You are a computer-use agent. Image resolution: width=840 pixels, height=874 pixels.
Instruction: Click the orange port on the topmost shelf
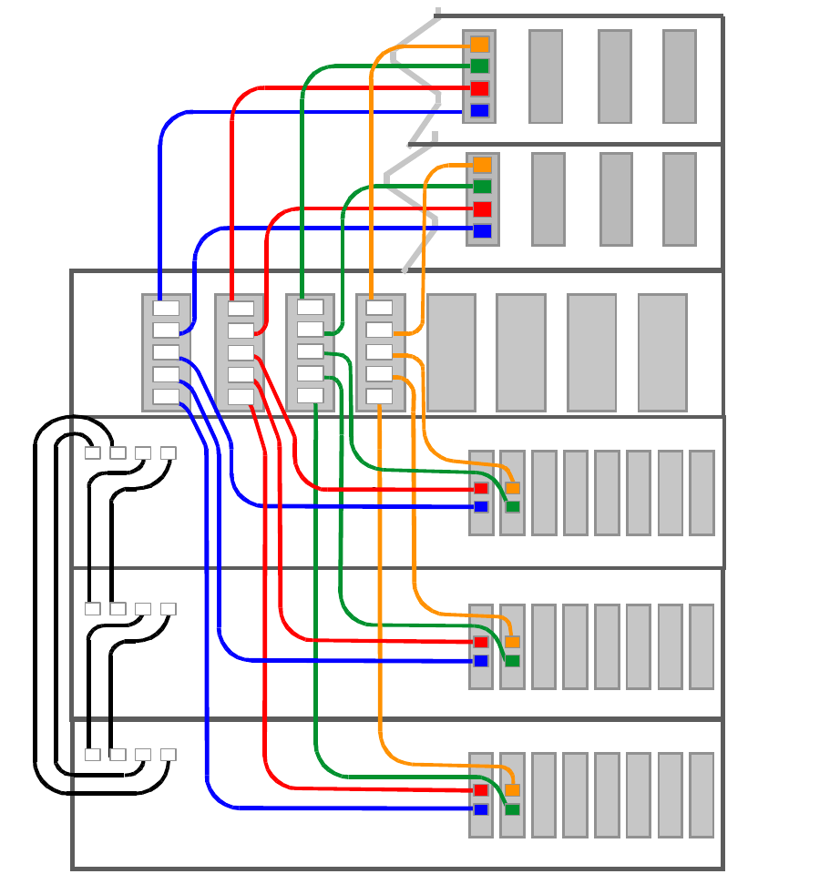pos(479,45)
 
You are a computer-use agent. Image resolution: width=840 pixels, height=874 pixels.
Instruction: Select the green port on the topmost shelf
pos(479,66)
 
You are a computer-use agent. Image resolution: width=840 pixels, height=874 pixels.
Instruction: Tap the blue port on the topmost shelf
pos(479,111)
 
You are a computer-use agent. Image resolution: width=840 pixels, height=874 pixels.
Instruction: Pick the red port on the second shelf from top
pos(482,209)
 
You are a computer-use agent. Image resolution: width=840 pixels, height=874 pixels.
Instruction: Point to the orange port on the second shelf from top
pos(482,165)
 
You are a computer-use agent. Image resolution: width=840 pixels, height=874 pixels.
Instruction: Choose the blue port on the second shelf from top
pos(482,231)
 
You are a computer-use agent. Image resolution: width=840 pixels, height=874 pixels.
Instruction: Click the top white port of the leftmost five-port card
pos(166,308)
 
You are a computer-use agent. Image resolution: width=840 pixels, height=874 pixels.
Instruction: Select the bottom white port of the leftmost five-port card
pos(166,396)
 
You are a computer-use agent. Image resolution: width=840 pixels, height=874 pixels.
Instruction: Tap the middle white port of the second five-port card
pos(241,352)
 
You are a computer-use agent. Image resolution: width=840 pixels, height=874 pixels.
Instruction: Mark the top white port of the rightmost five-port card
pos(379,308)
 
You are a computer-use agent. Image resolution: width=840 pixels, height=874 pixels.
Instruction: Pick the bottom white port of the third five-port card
pos(310,395)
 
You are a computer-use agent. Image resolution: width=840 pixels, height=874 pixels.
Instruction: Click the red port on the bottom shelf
pos(481,790)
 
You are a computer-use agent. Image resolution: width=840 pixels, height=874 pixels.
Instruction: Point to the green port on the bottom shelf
pos(512,809)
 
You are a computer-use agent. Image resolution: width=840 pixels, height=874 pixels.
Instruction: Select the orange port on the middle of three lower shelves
pos(512,642)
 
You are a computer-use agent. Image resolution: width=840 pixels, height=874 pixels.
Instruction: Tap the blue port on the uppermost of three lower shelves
pos(481,507)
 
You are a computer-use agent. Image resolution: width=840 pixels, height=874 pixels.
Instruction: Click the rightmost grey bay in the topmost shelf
pos(679,76)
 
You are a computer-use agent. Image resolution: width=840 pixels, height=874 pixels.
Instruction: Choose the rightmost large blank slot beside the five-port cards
pos(662,352)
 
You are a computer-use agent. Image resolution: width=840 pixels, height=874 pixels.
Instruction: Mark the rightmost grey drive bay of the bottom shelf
pos(702,795)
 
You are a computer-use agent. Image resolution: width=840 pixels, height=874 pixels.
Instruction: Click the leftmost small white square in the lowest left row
pos(92,755)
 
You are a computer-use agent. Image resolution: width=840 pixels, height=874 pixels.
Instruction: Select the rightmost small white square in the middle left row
pos(168,609)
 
